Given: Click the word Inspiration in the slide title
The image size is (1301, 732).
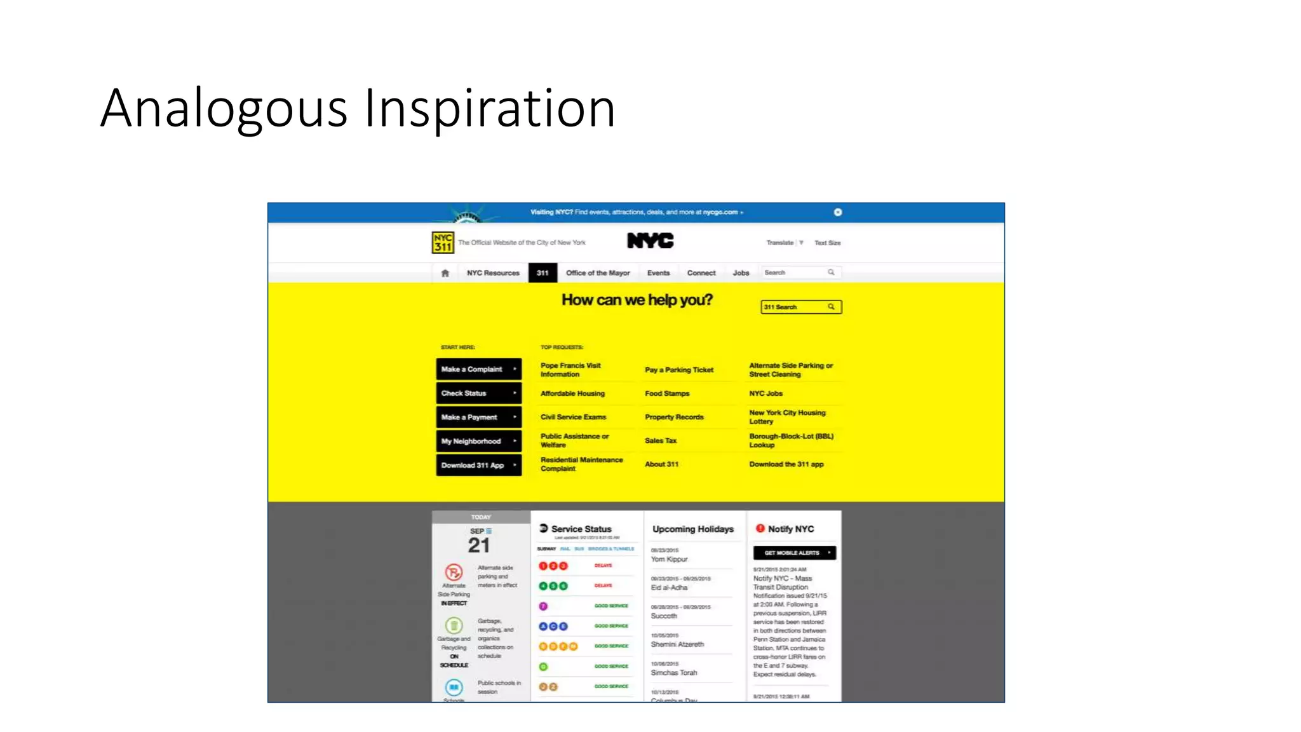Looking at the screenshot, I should click(489, 108).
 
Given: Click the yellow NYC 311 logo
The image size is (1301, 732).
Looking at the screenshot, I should click(443, 242).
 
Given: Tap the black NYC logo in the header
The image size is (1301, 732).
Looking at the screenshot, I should click(650, 241).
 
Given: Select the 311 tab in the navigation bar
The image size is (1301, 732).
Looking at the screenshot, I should click(543, 273).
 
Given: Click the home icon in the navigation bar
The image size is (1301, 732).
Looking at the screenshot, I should click(445, 273).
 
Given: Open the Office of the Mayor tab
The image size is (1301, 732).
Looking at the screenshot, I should click(598, 273).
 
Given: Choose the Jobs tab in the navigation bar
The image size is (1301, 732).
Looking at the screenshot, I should click(741, 273).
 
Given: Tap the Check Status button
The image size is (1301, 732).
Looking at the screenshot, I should click(478, 393).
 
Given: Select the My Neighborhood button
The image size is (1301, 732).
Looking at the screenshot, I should click(478, 441).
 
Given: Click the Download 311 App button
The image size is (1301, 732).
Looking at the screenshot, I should click(478, 465).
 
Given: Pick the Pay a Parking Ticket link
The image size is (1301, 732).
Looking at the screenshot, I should click(678, 370).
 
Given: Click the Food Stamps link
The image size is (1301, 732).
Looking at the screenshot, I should click(666, 393).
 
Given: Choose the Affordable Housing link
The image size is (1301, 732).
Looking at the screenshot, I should click(572, 393).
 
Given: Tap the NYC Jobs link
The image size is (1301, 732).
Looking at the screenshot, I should click(765, 393).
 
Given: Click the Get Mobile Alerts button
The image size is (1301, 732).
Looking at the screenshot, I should click(794, 553).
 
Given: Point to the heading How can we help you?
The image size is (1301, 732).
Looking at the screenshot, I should click(637, 300).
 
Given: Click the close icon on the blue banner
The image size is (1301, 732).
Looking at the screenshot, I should click(838, 212).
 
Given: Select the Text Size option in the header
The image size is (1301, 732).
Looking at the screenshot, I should click(827, 243).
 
